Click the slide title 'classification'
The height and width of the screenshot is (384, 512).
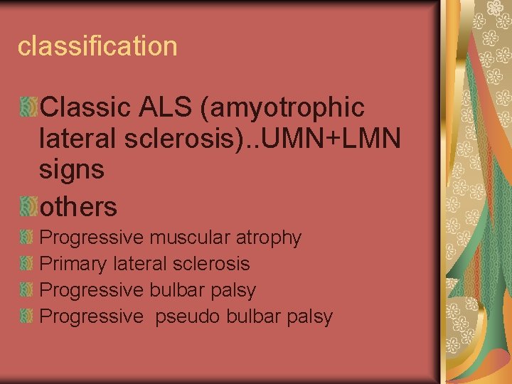pyautogui.click(x=97, y=46)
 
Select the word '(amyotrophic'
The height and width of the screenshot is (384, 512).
pyautogui.click(x=283, y=108)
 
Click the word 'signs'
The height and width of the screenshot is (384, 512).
pyautogui.click(x=73, y=170)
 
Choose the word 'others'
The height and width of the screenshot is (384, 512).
pyautogui.click(x=78, y=207)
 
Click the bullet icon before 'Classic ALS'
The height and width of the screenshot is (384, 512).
pyautogui.click(x=28, y=107)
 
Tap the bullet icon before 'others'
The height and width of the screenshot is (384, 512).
pyautogui.click(x=28, y=206)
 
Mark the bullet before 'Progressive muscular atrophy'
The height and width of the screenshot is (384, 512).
pyautogui.click(x=28, y=237)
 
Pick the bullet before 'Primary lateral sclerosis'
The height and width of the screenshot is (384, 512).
pyautogui.click(x=28, y=263)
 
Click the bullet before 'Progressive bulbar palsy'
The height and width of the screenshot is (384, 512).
pyautogui.click(x=28, y=289)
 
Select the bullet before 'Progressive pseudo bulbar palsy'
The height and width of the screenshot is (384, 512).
pyautogui.click(x=28, y=316)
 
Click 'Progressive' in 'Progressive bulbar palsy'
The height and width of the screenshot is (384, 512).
pyautogui.click(x=91, y=290)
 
